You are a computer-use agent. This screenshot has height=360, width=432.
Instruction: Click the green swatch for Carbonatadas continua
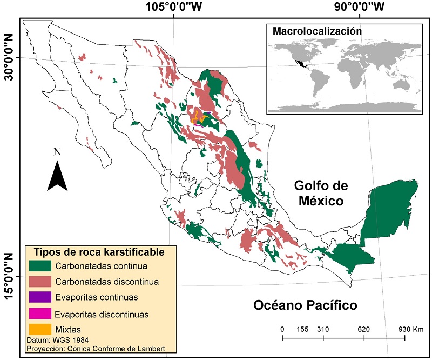[x=40, y=265]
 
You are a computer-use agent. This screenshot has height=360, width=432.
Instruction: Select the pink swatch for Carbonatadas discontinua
[x=40, y=281]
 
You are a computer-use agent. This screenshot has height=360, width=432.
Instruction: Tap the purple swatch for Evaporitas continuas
[x=40, y=297]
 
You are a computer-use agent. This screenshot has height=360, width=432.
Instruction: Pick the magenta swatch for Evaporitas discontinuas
[x=40, y=313]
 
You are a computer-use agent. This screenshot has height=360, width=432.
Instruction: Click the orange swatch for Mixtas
[x=40, y=328]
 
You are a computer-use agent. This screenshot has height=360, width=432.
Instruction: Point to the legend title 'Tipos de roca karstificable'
[x=99, y=252]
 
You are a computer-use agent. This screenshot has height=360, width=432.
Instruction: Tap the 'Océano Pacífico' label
[x=305, y=305]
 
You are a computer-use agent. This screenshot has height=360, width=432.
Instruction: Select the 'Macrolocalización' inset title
[x=316, y=31]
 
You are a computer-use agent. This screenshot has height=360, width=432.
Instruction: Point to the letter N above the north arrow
[x=57, y=152]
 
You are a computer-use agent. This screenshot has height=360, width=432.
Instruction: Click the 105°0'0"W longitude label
[x=172, y=7]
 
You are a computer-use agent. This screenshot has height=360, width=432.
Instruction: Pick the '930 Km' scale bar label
[x=407, y=329]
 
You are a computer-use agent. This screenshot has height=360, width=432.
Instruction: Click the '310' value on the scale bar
[x=323, y=329]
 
